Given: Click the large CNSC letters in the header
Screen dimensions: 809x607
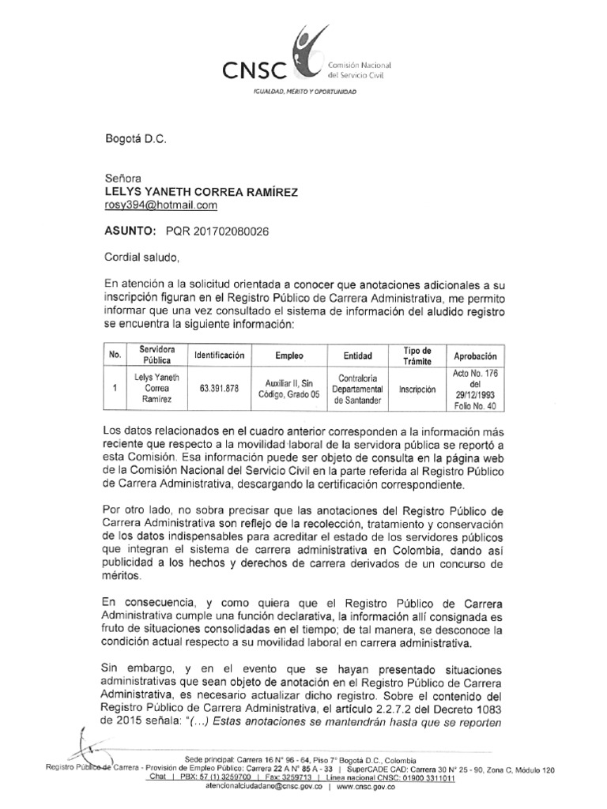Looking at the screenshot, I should coord(254,70).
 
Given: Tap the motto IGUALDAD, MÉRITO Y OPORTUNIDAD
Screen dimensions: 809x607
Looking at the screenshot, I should coord(304,93).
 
